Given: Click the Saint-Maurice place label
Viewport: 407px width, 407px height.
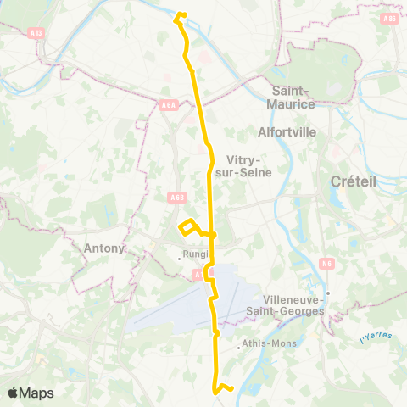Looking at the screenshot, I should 293,97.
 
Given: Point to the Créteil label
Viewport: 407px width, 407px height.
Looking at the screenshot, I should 347,181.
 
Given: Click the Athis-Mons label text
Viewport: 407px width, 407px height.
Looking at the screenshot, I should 266,344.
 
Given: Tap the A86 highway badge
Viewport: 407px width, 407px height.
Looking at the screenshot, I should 389,18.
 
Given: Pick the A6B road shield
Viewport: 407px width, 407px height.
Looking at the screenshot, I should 176,197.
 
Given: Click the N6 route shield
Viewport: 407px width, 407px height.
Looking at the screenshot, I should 327,264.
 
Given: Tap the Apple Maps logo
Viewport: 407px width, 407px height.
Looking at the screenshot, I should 30,393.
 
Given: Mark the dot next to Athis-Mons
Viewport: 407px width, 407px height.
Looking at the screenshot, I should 238,344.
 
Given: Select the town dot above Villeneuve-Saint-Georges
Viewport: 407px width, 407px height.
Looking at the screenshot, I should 327,293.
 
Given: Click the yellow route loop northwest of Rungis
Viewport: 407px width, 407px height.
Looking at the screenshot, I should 188,226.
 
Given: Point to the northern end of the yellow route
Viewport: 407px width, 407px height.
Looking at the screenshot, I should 180,15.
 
